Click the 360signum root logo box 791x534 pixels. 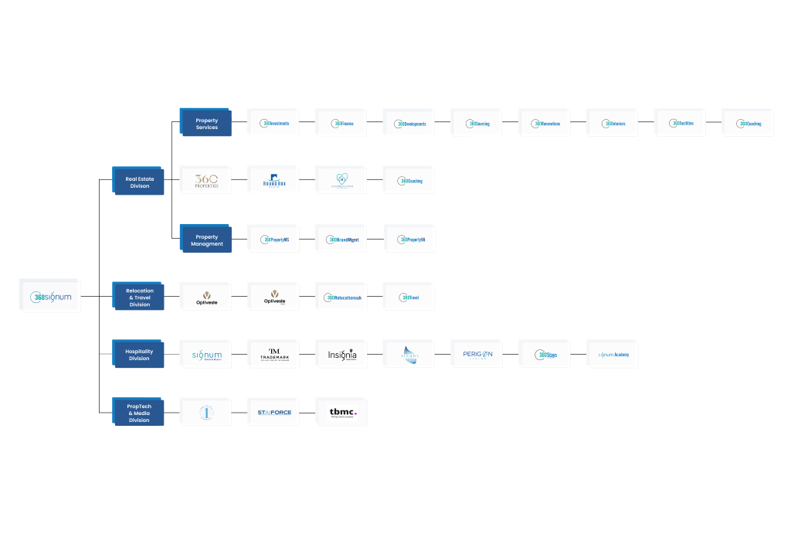[x=51, y=297]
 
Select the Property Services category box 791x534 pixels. [x=206, y=124]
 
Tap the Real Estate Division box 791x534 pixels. [x=139, y=182]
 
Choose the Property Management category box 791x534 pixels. [x=206, y=240]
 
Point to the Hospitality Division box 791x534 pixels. [x=139, y=355]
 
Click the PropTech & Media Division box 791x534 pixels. [x=139, y=413]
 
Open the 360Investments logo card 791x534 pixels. [x=274, y=124]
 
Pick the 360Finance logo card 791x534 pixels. [x=341, y=124]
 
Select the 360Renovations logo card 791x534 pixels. [x=545, y=124]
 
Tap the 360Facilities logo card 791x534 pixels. [x=681, y=124]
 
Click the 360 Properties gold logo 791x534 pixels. [x=206, y=181]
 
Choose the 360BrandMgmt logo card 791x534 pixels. [x=341, y=240]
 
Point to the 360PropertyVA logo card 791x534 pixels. [x=409, y=240]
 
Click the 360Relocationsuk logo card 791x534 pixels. [x=341, y=298]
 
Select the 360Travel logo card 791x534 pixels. [x=409, y=298]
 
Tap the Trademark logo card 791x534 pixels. [x=274, y=355]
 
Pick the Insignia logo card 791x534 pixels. [x=341, y=355]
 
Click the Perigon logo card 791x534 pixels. [x=477, y=355]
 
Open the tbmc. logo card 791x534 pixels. [x=342, y=413]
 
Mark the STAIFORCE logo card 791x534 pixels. [x=274, y=413]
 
